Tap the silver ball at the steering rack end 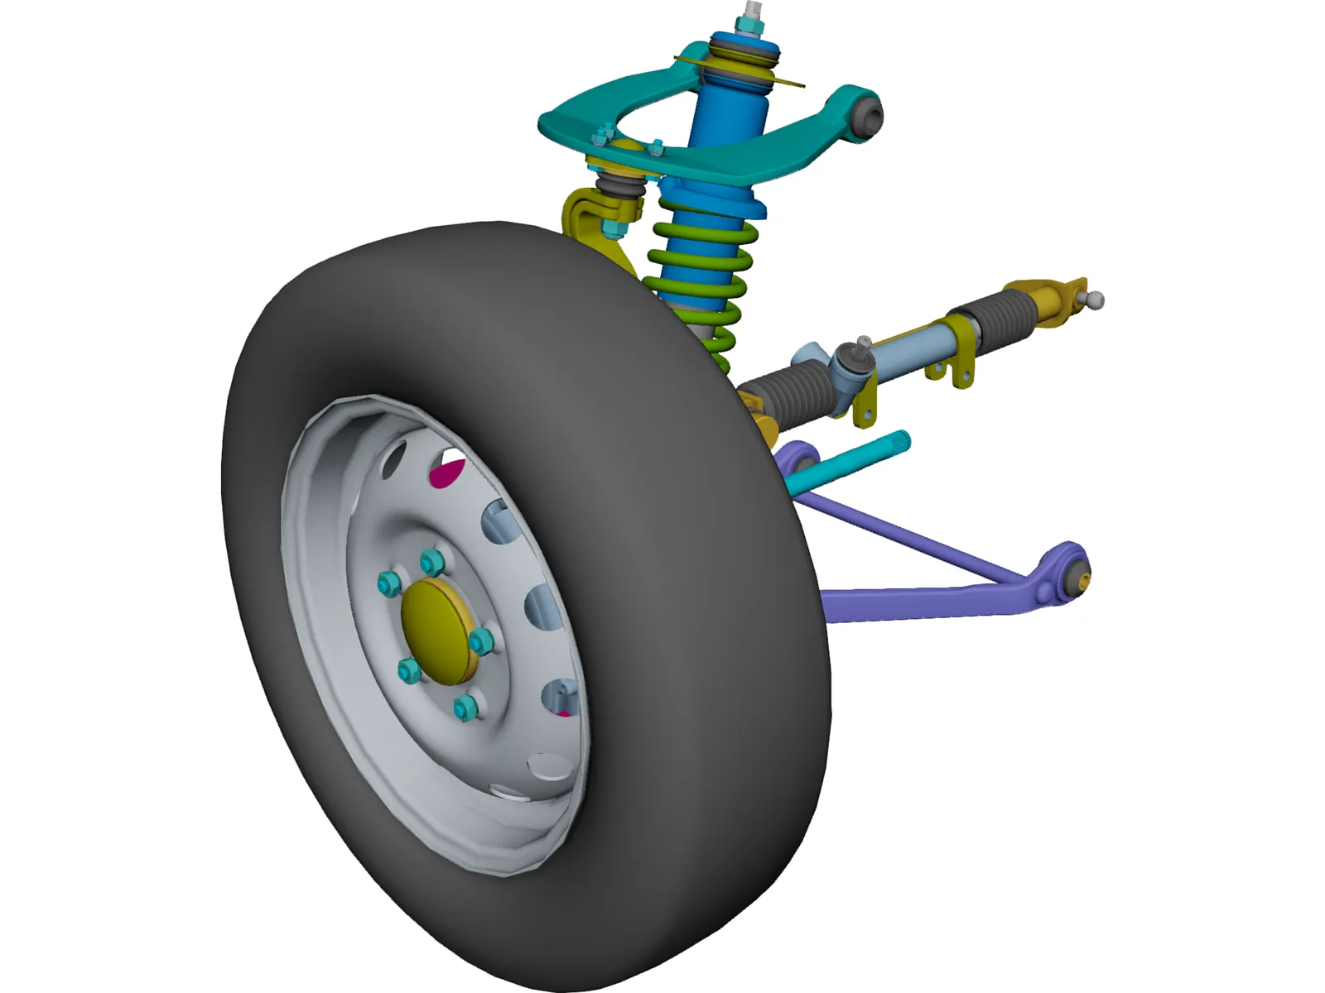1096,300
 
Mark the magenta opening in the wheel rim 448,472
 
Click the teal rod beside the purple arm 853,463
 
